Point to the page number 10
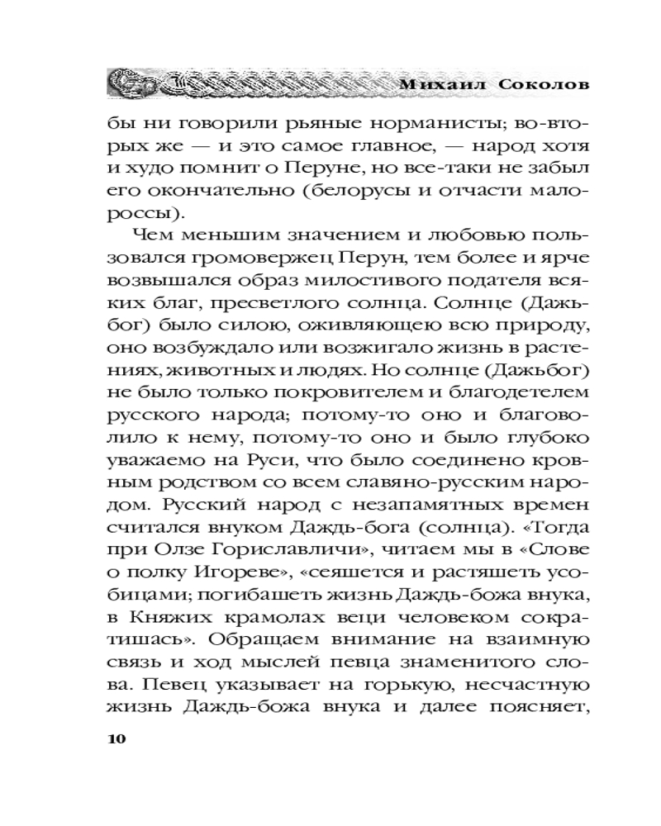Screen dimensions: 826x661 click(116, 738)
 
